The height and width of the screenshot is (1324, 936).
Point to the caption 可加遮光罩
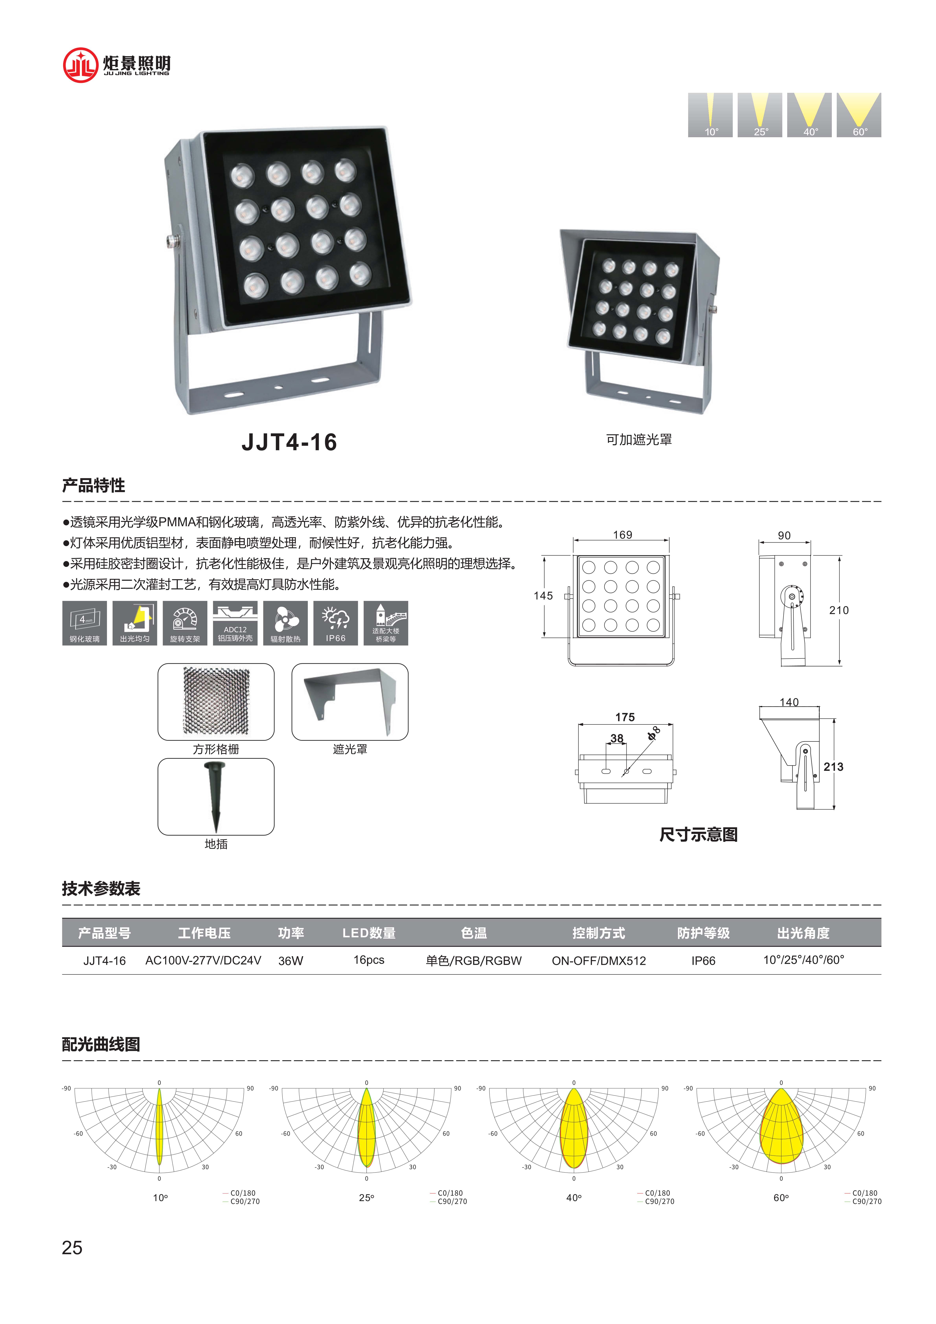(x=638, y=439)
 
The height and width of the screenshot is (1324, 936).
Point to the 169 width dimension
(x=622, y=535)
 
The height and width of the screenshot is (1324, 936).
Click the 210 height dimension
(x=839, y=610)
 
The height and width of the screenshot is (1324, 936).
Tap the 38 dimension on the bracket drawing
(x=617, y=738)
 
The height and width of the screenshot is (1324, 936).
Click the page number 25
(x=72, y=1248)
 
